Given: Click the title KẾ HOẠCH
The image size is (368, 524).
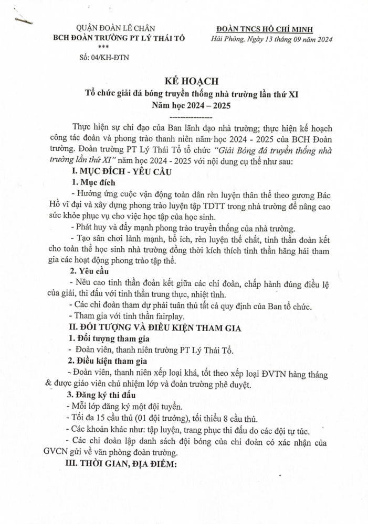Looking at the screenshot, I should tap(184, 82).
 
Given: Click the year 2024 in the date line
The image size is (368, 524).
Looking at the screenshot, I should tap(321, 39).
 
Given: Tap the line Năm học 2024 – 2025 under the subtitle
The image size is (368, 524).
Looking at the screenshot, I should tap(184, 106).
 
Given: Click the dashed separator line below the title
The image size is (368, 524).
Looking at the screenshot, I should tap(184, 116).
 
